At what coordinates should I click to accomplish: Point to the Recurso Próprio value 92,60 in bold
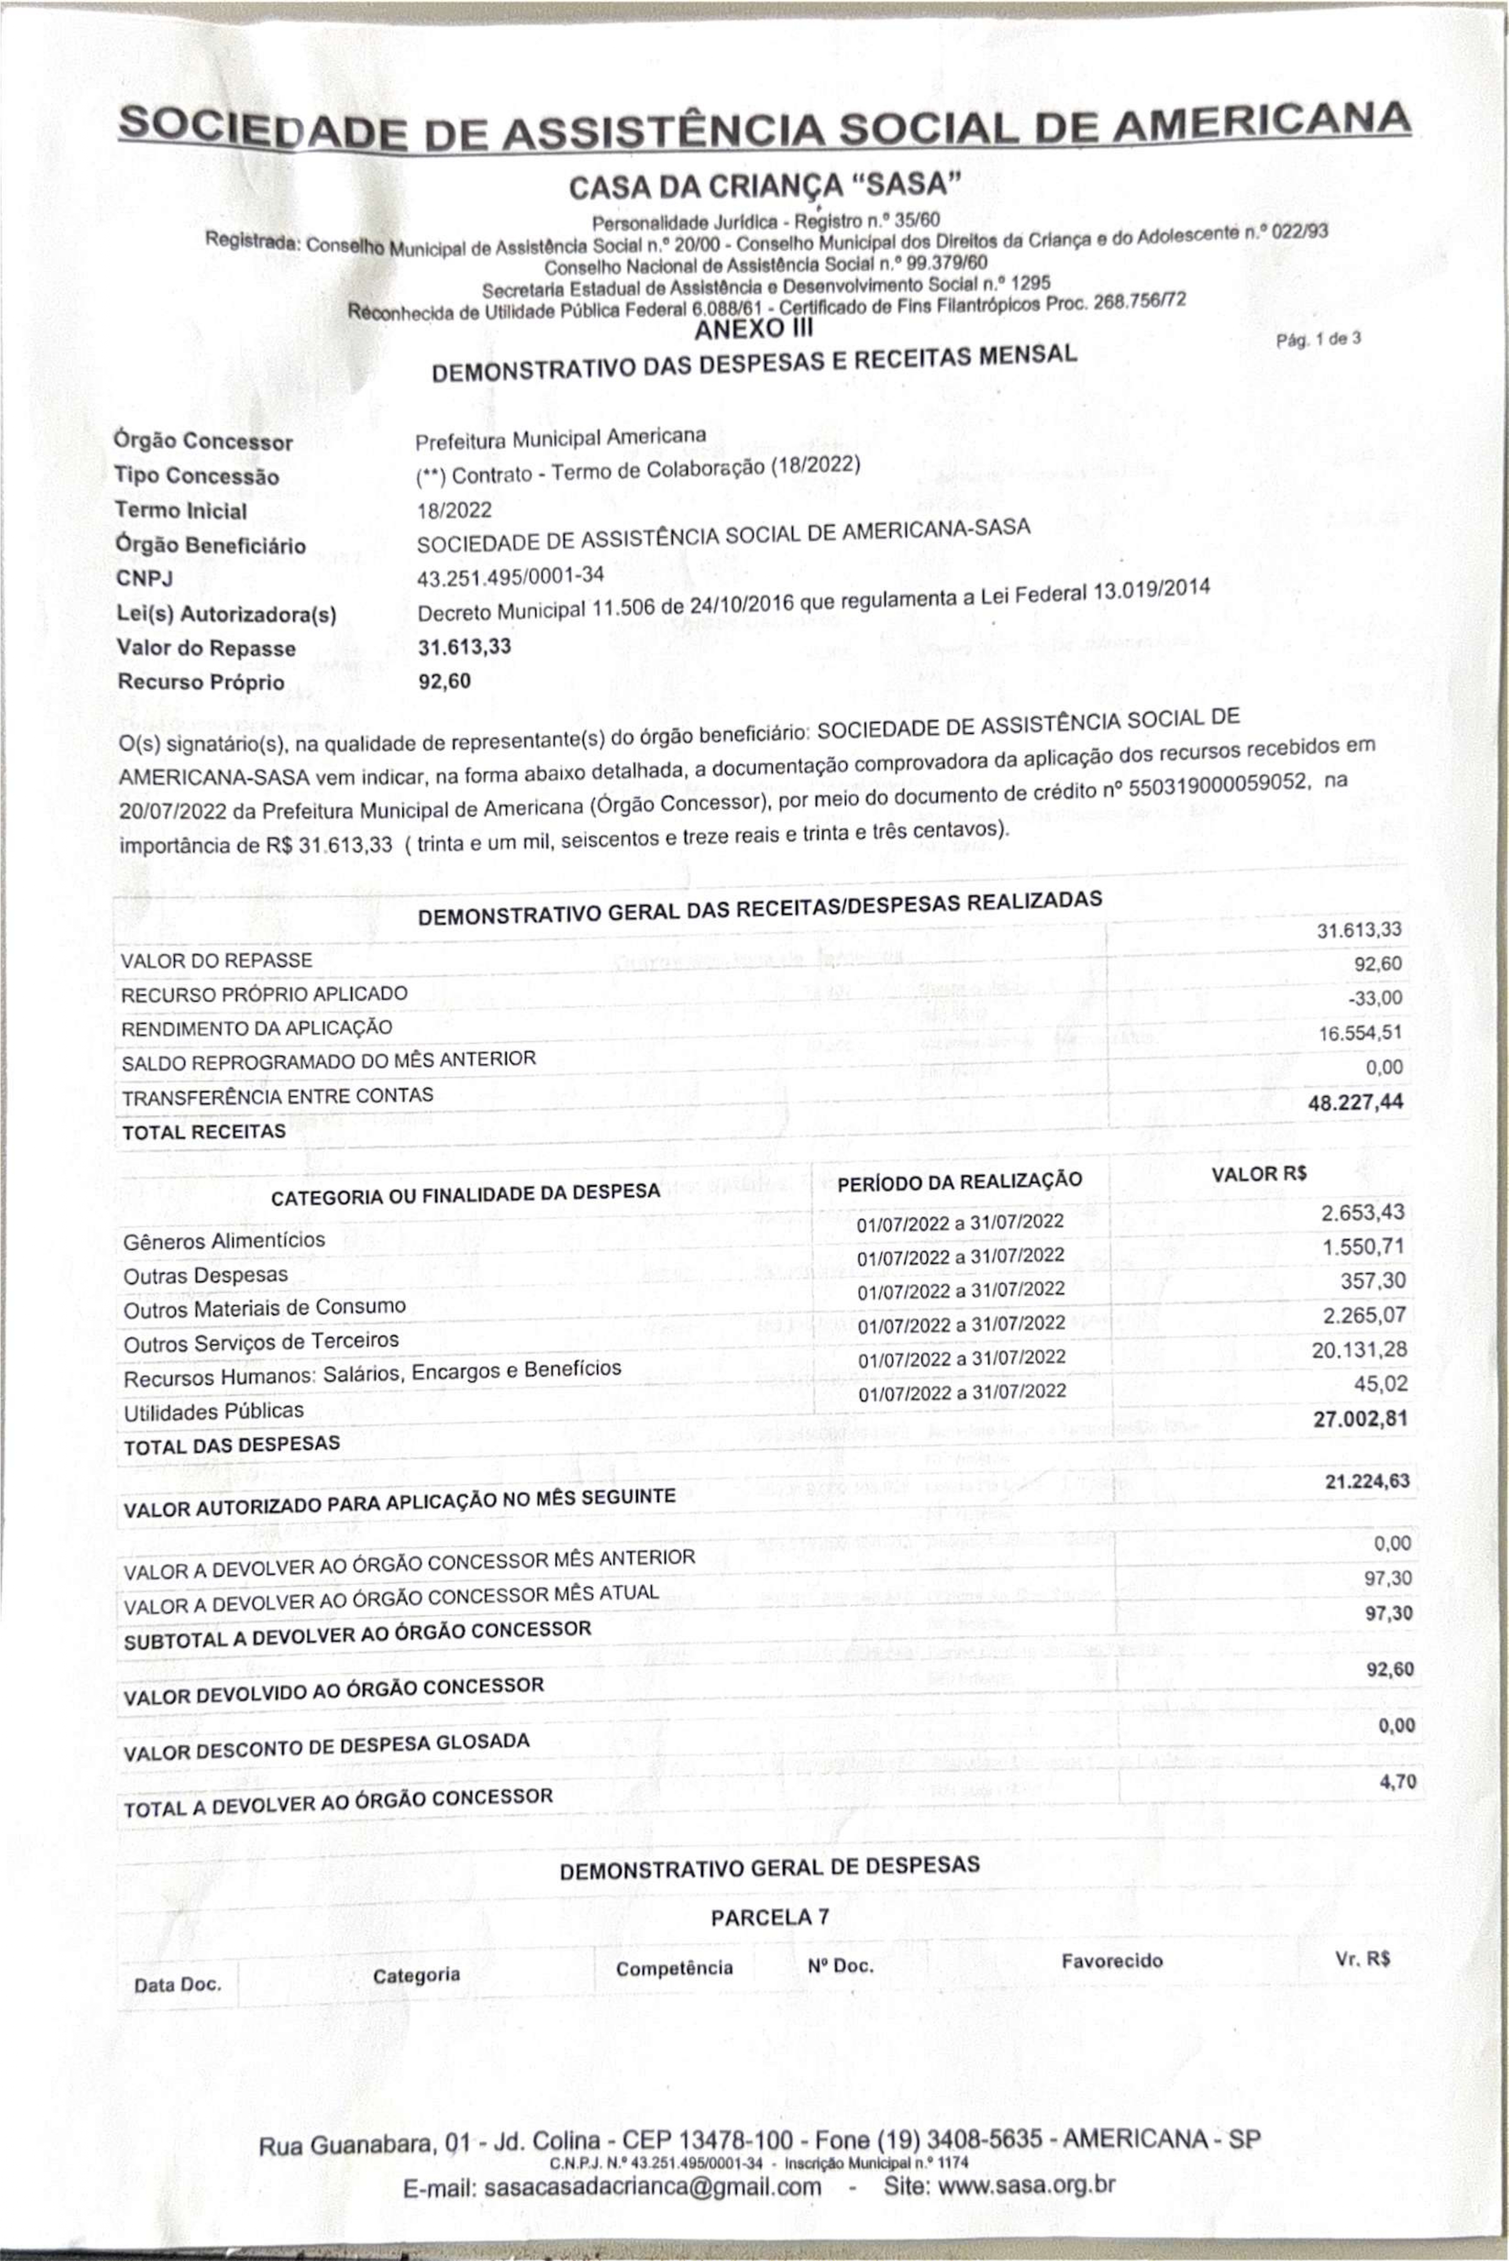click(445, 681)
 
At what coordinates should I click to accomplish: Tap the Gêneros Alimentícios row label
click(224, 1240)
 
